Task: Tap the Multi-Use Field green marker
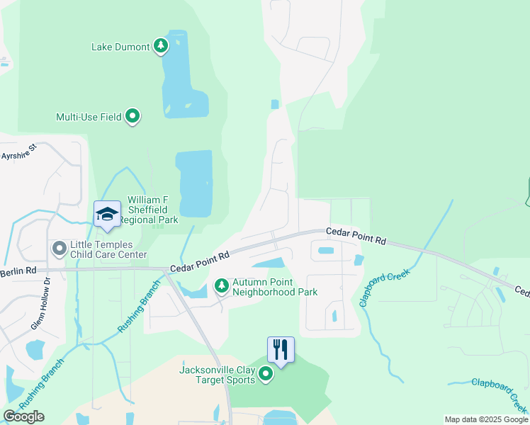132,116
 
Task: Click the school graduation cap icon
107,215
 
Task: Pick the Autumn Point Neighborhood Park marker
222,286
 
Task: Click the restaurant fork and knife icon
281,350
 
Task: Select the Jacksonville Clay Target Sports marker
266,373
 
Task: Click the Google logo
23,416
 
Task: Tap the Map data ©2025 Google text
485,419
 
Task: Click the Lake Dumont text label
120,47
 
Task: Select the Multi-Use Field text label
89,117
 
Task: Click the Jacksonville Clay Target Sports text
218,374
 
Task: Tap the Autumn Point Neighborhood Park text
275,287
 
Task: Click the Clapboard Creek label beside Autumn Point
385,287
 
